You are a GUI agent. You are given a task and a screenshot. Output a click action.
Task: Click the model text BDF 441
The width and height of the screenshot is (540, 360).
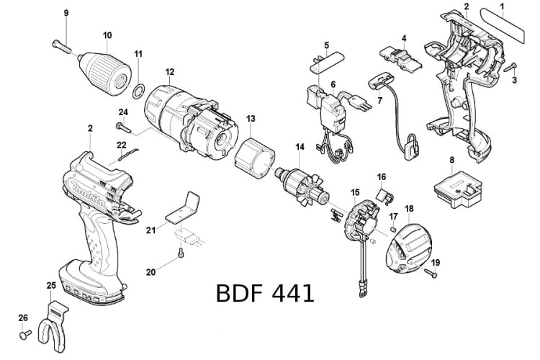(x=264, y=293)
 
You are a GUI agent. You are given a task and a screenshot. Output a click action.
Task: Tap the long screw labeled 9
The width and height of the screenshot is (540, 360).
(x=63, y=47)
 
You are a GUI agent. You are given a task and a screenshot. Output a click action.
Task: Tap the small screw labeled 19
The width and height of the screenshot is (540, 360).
(x=431, y=273)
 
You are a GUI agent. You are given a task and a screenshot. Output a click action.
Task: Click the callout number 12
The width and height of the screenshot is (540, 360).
(x=170, y=72)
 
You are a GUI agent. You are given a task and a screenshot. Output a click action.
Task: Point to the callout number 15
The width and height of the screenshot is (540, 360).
(x=355, y=192)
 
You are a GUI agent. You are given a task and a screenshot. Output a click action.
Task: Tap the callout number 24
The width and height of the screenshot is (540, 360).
(x=123, y=112)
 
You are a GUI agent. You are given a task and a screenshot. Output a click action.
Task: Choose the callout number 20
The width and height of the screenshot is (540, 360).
(x=150, y=271)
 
